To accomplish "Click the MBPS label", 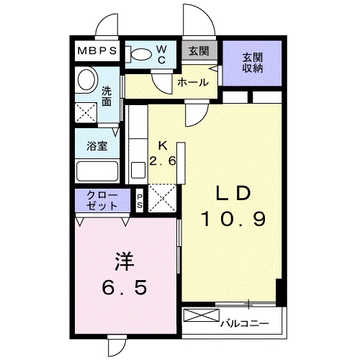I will pos(99,52).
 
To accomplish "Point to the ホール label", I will pos(193,83).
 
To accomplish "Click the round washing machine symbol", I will pos(86,79).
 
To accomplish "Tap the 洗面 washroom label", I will pos(107,96).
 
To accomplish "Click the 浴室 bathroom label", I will pos(96,146).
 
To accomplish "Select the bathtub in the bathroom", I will pos(97,172).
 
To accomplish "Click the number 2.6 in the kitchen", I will pos(163,160).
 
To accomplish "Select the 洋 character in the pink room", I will pos(123,259).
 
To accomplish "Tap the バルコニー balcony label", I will pos(244,322).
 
